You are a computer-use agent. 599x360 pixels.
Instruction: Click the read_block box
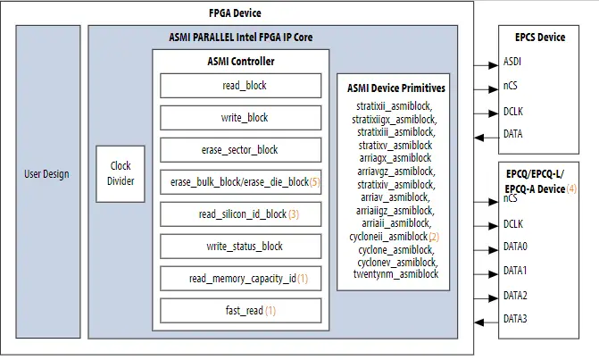240,86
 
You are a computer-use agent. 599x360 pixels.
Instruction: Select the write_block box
240,118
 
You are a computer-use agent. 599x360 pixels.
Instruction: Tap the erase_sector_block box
240,150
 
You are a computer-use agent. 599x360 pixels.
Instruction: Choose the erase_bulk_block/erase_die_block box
240,182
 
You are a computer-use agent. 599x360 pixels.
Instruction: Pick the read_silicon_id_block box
240,214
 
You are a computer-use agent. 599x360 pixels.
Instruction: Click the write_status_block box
240,247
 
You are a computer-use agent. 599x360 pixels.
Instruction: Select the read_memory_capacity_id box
240,279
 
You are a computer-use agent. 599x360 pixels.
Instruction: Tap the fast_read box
240,311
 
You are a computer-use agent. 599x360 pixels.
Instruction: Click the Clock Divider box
121,172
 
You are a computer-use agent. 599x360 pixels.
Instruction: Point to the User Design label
46,173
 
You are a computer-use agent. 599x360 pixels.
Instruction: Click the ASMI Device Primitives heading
395,88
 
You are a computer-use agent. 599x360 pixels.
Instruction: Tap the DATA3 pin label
516,319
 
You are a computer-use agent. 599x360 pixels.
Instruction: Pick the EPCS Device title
540,38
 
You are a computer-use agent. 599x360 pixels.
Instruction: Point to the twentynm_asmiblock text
395,274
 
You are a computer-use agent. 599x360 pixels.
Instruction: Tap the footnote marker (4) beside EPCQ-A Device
571,189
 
